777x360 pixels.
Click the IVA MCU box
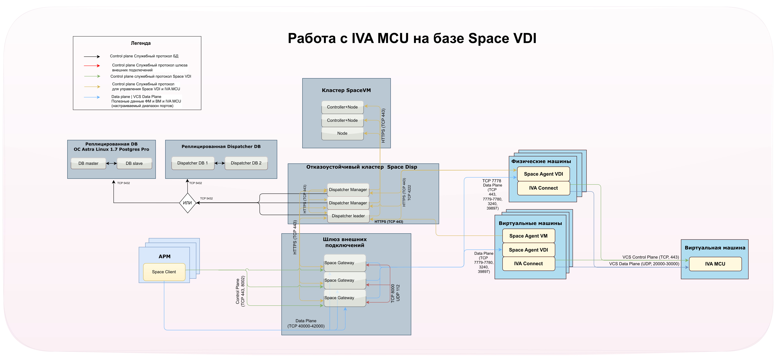coord(715,264)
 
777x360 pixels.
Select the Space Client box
coord(164,272)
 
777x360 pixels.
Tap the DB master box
coord(88,163)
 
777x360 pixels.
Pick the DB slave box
coord(134,163)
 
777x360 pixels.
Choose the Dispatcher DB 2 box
coord(246,163)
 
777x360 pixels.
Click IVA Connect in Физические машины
coord(543,188)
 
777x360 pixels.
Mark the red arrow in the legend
coord(92,65)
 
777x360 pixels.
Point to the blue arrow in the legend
coord(92,97)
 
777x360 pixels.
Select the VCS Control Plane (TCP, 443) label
coord(651,257)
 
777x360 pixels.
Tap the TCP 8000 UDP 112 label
coord(395,293)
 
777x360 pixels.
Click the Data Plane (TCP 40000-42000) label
coord(306,324)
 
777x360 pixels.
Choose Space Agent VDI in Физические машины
coord(543,174)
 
